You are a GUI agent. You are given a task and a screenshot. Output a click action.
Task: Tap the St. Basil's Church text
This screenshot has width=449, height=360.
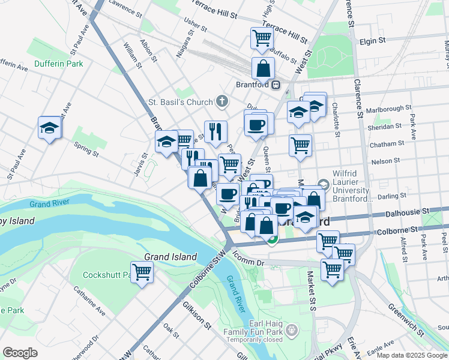[181, 102]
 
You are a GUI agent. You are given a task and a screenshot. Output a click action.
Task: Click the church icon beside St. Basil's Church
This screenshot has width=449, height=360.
[223, 101]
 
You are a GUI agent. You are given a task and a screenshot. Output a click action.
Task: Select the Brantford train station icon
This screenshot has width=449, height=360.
[276, 85]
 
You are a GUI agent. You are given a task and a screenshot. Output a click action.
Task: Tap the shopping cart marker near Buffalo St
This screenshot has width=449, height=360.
[262, 38]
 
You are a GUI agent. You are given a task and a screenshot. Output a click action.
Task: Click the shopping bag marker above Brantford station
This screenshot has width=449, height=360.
[263, 68]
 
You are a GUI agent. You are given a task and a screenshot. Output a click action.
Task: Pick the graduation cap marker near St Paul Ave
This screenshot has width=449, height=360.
[49, 128]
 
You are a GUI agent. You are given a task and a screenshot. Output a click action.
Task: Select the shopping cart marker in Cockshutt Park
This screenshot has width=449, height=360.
[142, 272]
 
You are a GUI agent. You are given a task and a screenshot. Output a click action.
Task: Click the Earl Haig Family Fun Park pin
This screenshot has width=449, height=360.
[292, 329]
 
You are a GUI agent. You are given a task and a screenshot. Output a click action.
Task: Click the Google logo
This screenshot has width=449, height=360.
[20, 353]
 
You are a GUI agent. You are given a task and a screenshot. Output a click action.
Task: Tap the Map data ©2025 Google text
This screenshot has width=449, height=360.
[411, 355]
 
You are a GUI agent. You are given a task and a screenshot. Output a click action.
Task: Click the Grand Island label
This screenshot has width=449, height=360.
[170, 257]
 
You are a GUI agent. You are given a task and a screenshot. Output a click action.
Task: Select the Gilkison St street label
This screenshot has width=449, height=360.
[197, 315]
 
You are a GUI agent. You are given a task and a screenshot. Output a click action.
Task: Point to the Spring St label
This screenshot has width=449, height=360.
[86, 149]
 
